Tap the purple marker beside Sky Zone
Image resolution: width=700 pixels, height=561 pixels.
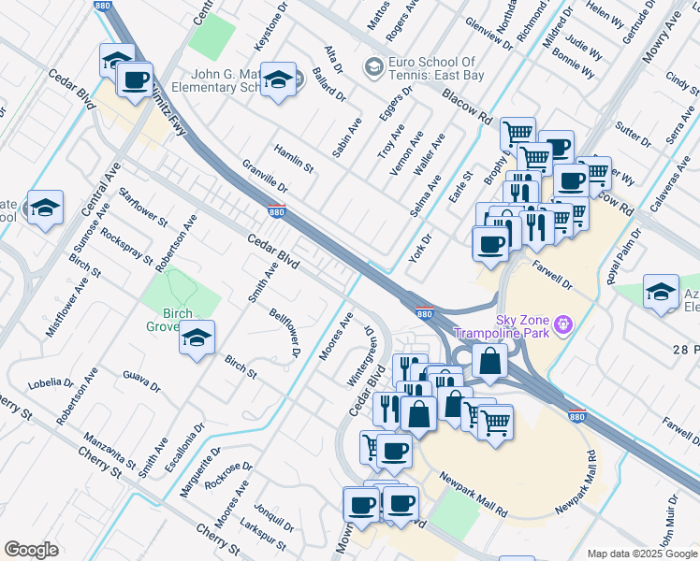(x=562, y=324)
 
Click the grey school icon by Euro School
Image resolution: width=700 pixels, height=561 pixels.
(x=373, y=67)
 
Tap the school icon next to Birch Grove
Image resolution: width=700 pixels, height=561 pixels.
(x=197, y=338)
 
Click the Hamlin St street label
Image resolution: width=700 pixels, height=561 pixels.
(x=293, y=158)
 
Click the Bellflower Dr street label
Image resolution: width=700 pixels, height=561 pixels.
(x=284, y=334)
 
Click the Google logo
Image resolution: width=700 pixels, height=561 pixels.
(x=32, y=550)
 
